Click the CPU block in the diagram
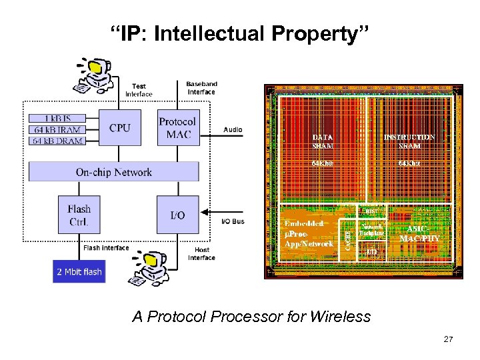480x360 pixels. [120, 127]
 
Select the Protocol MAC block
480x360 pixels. [177, 127]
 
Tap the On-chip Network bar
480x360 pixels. [113, 172]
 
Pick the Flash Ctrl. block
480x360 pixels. [79, 214]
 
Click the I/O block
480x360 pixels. [177, 215]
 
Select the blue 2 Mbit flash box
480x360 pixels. [79, 271]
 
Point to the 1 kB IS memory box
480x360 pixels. [56, 119]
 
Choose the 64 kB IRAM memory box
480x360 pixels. [56, 129]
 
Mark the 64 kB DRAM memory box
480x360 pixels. [56, 140]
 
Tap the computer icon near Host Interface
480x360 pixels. [153, 263]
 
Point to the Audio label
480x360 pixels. [233, 129]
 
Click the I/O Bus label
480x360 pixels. [233, 220]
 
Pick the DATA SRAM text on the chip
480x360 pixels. [323, 141]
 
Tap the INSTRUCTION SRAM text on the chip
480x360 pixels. [409, 141]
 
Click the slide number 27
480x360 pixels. [448, 340]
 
